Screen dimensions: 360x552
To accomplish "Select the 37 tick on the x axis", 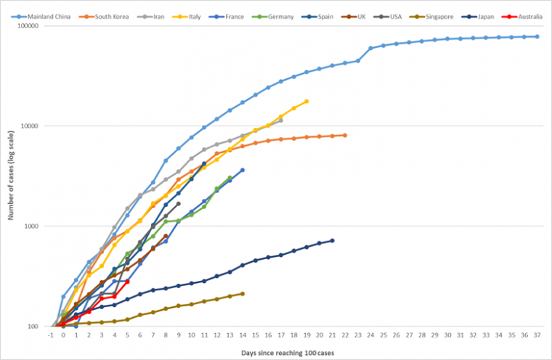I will (x=537, y=335).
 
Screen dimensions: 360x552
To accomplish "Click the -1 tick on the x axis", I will (x=51, y=335).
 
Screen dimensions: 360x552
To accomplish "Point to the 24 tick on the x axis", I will (x=370, y=335).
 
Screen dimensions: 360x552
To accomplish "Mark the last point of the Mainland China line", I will (x=537, y=36).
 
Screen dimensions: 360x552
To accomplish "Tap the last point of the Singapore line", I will (x=243, y=293).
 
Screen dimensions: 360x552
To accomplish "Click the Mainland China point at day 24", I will (x=370, y=48).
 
